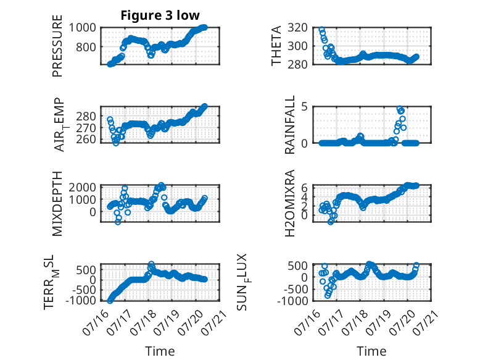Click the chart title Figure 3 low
(160, 15)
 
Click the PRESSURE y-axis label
(57, 46)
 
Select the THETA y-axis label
(276, 46)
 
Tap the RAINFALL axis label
(289, 124)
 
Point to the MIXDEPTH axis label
(57, 204)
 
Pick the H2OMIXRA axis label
(289, 203)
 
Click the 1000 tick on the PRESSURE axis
(82, 28)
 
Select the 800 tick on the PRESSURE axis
(86, 47)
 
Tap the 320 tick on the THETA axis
(297, 28)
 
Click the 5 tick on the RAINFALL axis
(304, 107)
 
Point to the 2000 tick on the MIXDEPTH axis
(82, 187)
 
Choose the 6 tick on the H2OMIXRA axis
(304, 187)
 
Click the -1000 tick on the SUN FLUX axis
(292, 301)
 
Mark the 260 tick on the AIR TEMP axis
(86, 139)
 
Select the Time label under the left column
(160, 351)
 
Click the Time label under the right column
(372, 351)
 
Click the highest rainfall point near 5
(400, 109)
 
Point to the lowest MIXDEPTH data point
(118, 222)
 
